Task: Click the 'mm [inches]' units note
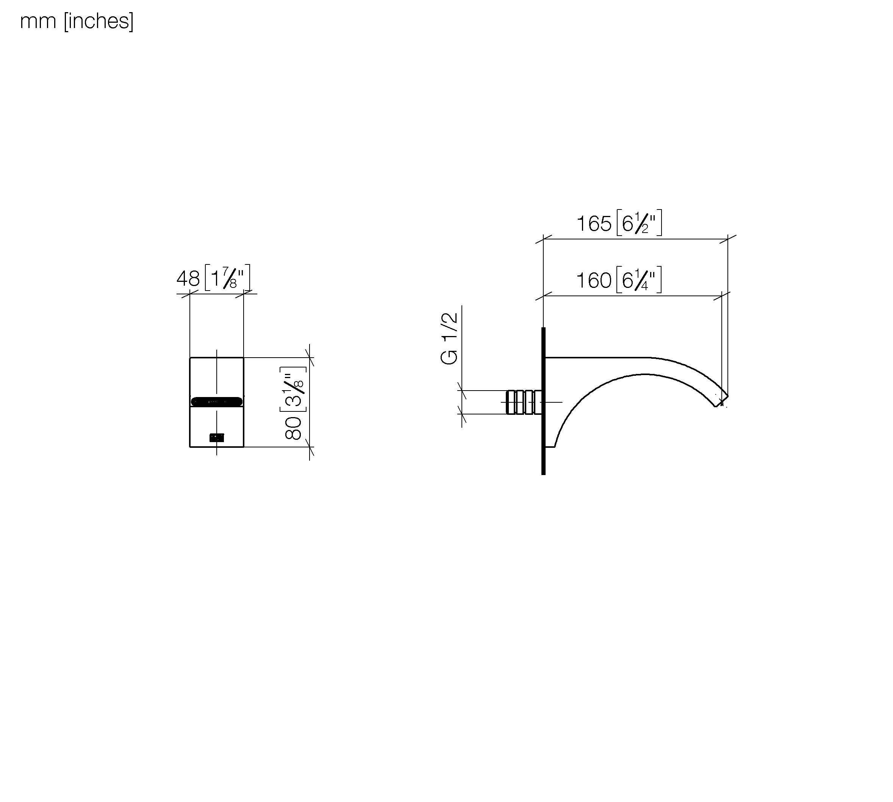(x=77, y=22)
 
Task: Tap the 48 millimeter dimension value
(x=188, y=278)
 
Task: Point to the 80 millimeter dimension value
(x=293, y=428)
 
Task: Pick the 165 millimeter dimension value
(x=594, y=224)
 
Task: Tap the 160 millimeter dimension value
(x=594, y=280)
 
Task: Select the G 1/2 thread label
(x=449, y=338)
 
